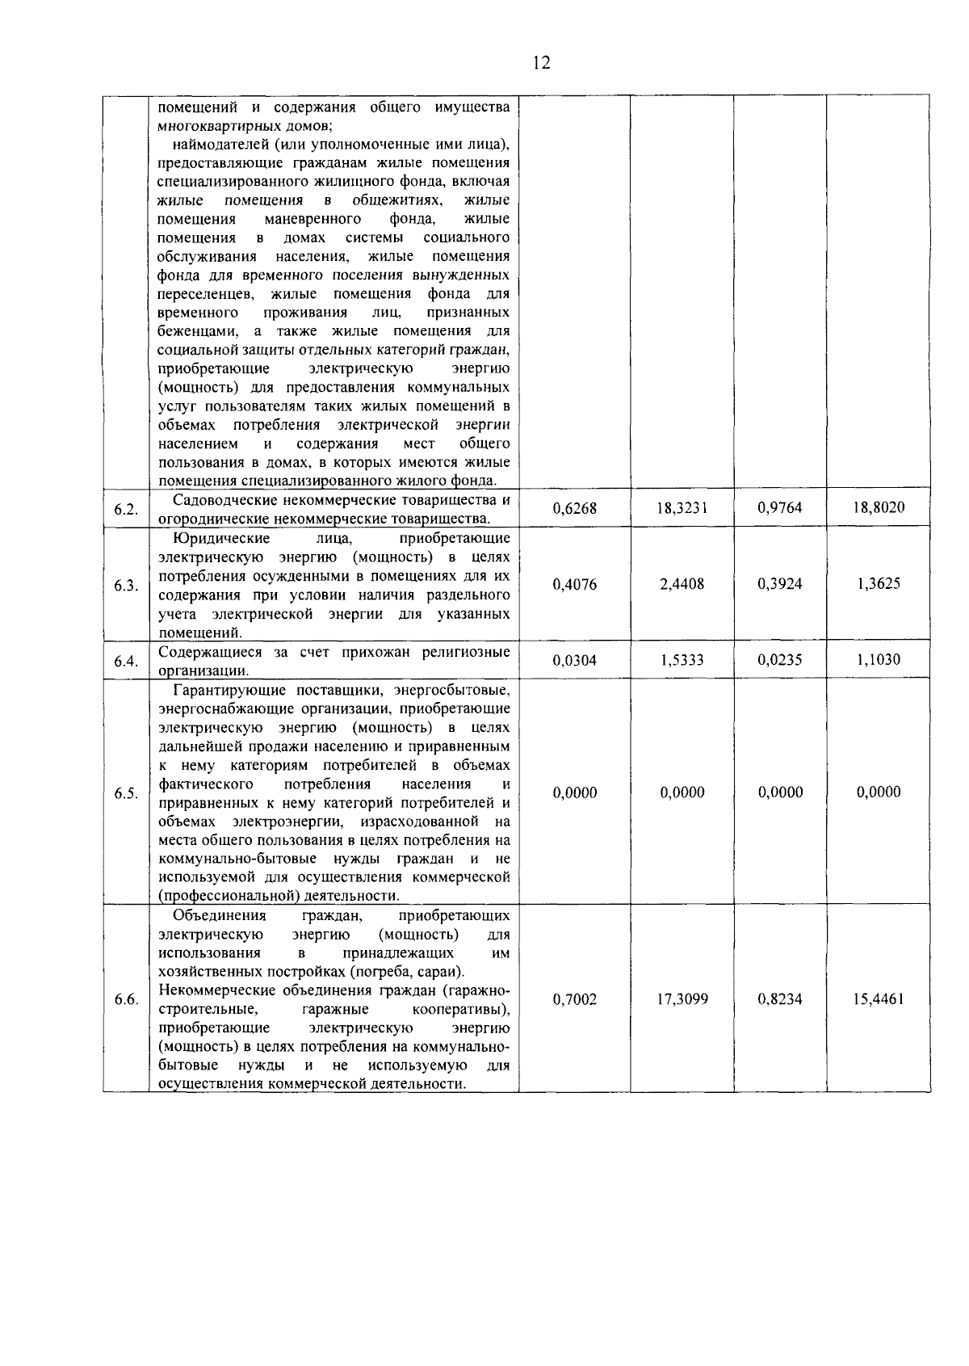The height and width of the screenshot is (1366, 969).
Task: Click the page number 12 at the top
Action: (x=542, y=63)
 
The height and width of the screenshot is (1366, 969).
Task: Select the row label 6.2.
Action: (x=126, y=509)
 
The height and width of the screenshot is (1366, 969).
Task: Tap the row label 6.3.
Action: (x=126, y=585)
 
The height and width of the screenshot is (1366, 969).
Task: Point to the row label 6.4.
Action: (x=126, y=661)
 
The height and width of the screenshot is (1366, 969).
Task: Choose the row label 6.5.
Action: (x=126, y=793)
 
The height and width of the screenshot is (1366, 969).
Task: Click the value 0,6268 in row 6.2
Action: (x=575, y=508)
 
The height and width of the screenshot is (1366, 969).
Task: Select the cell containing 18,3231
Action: (x=682, y=508)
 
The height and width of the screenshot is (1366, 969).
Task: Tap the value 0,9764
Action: (x=780, y=508)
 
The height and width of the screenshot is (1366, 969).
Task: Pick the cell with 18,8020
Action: (x=879, y=508)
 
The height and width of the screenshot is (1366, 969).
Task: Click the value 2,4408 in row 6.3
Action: (x=682, y=584)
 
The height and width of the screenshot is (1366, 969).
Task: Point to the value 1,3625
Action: (x=879, y=584)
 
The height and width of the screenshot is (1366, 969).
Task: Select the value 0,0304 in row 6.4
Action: (x=575, y=660)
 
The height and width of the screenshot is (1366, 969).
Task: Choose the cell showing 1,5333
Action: (x=682, y=660)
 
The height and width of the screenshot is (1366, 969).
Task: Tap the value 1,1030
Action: (x=879, y=660)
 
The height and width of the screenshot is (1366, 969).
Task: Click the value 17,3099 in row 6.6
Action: (x=682, y=999)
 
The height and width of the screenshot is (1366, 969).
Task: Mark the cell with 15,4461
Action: (x=879, y=999)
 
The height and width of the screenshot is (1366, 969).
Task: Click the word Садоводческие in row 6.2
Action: (x=223, y=500)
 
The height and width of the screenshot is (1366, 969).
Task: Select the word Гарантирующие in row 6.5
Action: (x=223, y=690)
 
